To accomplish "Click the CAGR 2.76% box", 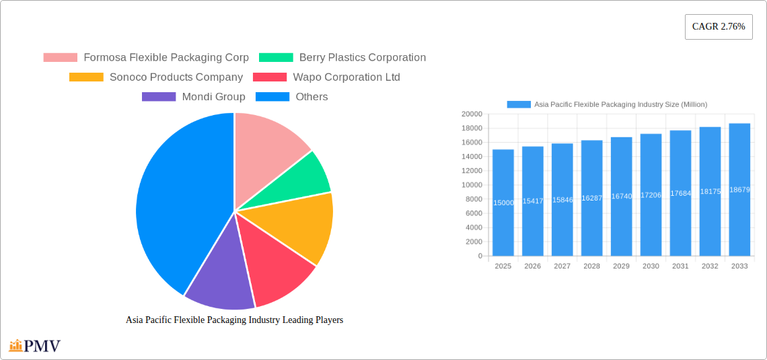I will pos(718,27).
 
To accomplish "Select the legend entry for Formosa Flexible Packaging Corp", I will pos(146,58).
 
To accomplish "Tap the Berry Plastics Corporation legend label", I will pos(342,58).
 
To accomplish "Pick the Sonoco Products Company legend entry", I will pos(156,77).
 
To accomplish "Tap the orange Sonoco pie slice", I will pos(303,225).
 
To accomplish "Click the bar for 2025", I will pos(503,203).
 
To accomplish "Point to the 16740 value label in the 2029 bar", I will pos(621,196).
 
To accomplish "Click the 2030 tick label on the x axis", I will pos(651,266).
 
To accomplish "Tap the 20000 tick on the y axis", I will pos(472,114).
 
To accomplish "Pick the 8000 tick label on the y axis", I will pos(474,199).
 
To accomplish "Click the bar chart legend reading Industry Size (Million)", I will pos(607,104).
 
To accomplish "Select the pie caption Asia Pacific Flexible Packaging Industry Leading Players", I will pos(234,320).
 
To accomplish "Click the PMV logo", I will pos(35,347).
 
